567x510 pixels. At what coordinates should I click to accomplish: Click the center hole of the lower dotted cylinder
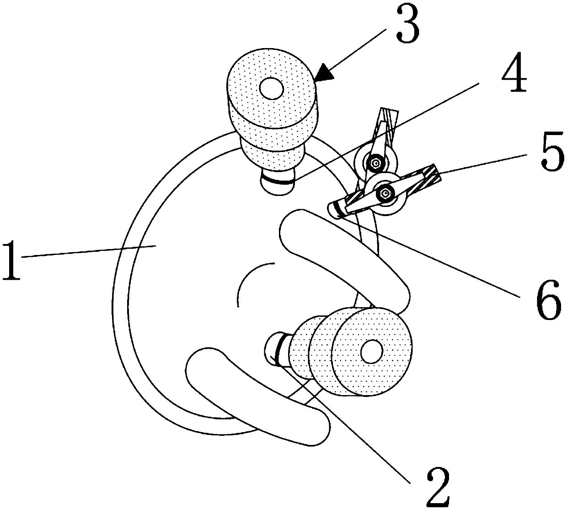[371, 352]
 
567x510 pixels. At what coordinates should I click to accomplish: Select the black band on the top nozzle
[276, 180]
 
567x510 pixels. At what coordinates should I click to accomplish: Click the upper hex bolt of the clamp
[376, 162]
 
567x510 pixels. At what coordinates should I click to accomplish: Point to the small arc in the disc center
[247, 279]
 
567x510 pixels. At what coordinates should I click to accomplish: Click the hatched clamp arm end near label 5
[428, 174]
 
